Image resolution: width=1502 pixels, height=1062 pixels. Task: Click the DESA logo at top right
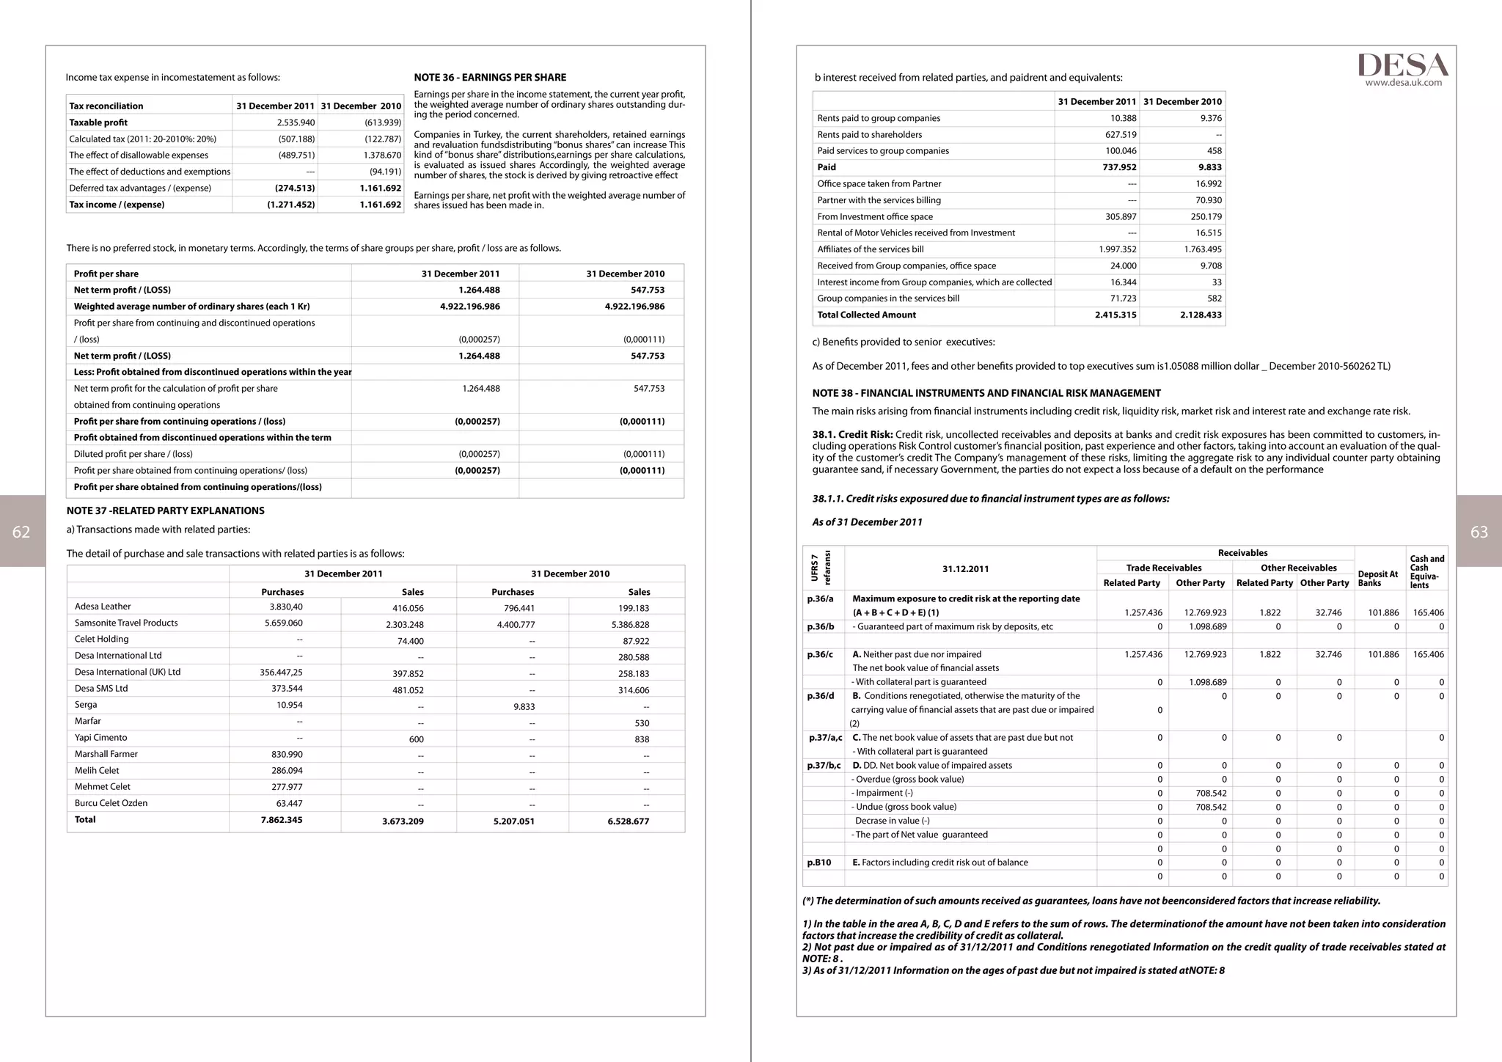1402,65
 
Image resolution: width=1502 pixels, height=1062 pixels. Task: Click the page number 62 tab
22,532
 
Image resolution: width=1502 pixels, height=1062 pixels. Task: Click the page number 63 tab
1479,532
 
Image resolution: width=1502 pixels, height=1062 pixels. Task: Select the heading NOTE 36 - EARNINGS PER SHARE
490,77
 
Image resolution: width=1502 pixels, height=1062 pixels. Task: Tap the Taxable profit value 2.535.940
296,122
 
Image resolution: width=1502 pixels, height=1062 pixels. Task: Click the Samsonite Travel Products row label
126,623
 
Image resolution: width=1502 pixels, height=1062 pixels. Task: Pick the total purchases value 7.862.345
282,820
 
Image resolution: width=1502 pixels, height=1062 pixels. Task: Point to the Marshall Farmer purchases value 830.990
287,754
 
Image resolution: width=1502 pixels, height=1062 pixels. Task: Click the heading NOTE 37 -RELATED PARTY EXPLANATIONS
166,510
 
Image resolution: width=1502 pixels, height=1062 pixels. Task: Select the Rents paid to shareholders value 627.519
1121,134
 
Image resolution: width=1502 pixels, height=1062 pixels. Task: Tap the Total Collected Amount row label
866,315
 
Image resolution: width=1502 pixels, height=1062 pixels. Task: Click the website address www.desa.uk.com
1403,83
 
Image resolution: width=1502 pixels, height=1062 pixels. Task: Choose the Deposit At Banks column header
1377,579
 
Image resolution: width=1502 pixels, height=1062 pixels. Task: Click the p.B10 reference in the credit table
819,863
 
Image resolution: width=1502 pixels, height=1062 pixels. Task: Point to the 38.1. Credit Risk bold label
852,434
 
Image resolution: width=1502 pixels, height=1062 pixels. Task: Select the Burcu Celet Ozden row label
111,803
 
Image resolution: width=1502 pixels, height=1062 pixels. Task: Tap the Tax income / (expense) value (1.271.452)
290,205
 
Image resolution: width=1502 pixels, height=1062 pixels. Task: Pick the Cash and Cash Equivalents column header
1426,571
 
